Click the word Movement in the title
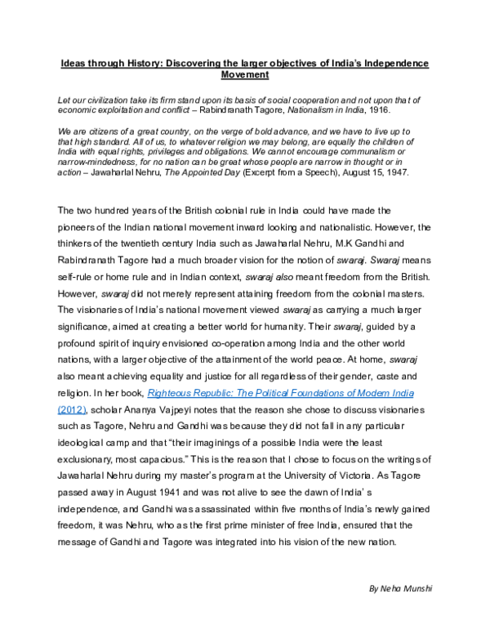[245, 74]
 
